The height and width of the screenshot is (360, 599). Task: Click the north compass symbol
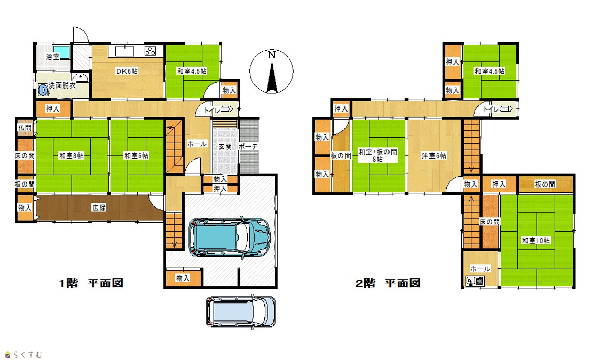coord(271,72)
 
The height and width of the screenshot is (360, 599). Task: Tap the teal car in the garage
coord(229,238)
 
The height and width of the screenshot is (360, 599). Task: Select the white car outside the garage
coord(241,311)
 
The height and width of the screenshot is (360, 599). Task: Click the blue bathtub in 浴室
coord(61,52)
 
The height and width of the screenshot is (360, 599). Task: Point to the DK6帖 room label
coord(127,71)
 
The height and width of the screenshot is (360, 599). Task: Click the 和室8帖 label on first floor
coord(72,155)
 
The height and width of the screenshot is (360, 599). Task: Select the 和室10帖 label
coord(536,240)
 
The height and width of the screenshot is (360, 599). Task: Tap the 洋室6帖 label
coord(434,155)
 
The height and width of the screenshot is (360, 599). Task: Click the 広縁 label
coord(99,208)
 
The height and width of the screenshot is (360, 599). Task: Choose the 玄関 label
coord(225,146)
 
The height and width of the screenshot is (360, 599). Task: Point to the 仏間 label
coord(25,128)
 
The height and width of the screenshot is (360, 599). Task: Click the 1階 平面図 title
coord(91,283)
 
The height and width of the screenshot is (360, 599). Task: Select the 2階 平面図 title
coord(388,283)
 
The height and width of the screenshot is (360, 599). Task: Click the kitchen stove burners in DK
coord(150,51)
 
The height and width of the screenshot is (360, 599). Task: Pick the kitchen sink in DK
coord(124,51)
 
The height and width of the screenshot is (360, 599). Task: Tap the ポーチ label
coord(248,146)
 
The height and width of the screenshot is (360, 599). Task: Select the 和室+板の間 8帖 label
coord(378,155)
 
